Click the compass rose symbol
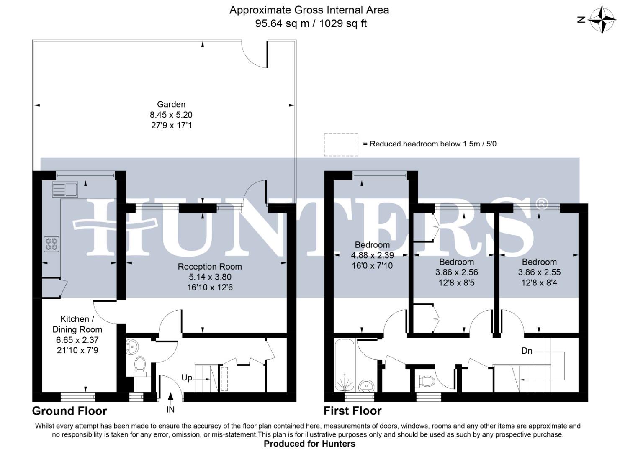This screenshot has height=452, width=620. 602,19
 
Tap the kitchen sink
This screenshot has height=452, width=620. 65,190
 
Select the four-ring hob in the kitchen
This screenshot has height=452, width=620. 51,244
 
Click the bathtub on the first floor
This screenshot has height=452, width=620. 345,365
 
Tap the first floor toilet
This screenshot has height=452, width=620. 424,381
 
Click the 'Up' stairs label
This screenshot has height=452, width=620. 187,378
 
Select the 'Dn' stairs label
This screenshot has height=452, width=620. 527,351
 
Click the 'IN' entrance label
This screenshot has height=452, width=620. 170,409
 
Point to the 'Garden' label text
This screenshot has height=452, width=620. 171,104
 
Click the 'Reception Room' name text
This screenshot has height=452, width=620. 210,267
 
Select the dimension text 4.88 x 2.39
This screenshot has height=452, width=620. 372,255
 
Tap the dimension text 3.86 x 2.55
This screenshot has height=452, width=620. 539,272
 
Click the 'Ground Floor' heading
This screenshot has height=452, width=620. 69,411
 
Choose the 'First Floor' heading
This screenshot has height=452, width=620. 352,411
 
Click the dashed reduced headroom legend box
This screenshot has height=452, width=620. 341,144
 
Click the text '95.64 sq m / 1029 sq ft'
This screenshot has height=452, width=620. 311,23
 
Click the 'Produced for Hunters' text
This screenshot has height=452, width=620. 309,444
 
